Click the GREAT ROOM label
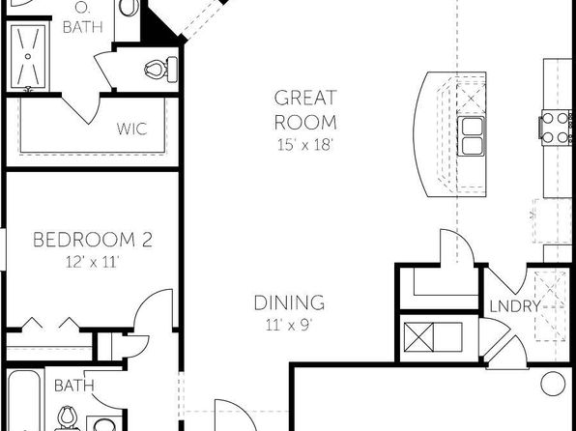click(305, 110)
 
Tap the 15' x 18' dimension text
click(304, 145)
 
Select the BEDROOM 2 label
click(93, 240)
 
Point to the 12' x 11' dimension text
click(93, 262)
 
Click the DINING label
click(289, 302)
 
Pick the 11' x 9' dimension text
click(289, 325)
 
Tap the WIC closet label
click(131, 129)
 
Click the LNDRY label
click(515, 306)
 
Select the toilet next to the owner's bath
click(160, 69)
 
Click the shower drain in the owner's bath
click(28, 56)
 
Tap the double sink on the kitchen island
click(472, 136)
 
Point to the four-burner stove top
click(555, 128)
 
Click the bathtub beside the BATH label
click(24, 400)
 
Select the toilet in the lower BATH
click(68, 418)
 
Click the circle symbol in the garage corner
click(553, 384)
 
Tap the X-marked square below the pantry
click(418, 337)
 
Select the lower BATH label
click(74, 386)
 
